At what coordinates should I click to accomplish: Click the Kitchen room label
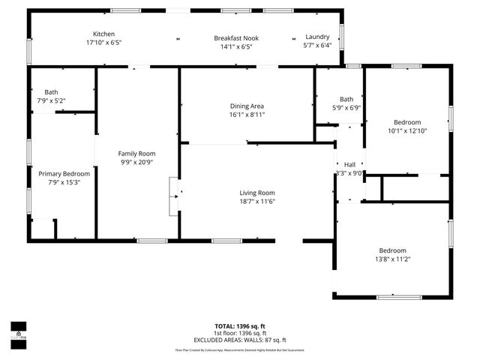click(x=103, y=35)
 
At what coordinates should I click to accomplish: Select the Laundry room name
click(x=317, y=37)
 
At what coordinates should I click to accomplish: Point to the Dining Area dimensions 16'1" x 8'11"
click(x=247, y=115)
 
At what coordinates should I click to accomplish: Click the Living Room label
click(x=257, y=192)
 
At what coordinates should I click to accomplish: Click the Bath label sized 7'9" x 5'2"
click(x=51, y=91)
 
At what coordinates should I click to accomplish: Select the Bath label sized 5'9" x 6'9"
click(x=346, y=99)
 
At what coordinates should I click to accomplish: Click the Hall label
click(x=349, y=165)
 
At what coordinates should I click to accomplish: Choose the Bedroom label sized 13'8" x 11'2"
click(x=393, y=250)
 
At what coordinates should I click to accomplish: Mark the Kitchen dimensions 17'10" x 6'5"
click(x=103, y=43)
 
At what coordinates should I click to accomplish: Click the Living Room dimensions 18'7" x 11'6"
click(x=257, y=201)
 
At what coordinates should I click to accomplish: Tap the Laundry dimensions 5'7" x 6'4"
click(x=317, y=45)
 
